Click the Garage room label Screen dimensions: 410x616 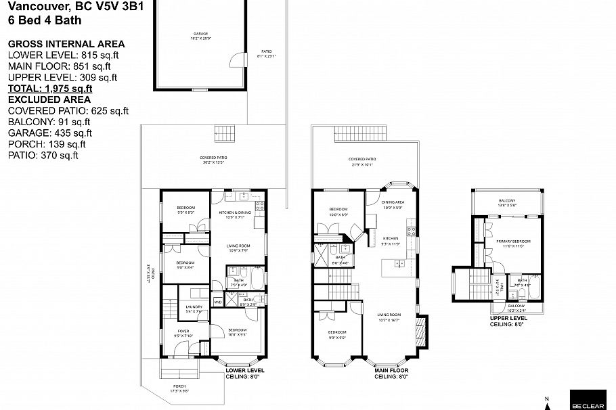pyautogui.click(x=200, y=35)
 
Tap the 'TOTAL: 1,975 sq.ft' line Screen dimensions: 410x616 pyautogui.click(x=50, y=89)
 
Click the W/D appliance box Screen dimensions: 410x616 pyautogui.click(x=217, y=302)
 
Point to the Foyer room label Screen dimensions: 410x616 pyautogui.click(x=185, y=332)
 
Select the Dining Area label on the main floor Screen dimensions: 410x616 pyautogui.click(x=393, y=204)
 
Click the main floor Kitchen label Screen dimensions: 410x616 pyautogui.click(x=391, y=240)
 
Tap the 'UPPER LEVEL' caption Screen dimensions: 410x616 pyautogui.click(x=508, y=317)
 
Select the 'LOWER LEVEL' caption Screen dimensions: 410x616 pyautogui.click(x=245, y=371)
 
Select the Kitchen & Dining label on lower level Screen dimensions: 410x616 pyautogui.click(x=234, y=214)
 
